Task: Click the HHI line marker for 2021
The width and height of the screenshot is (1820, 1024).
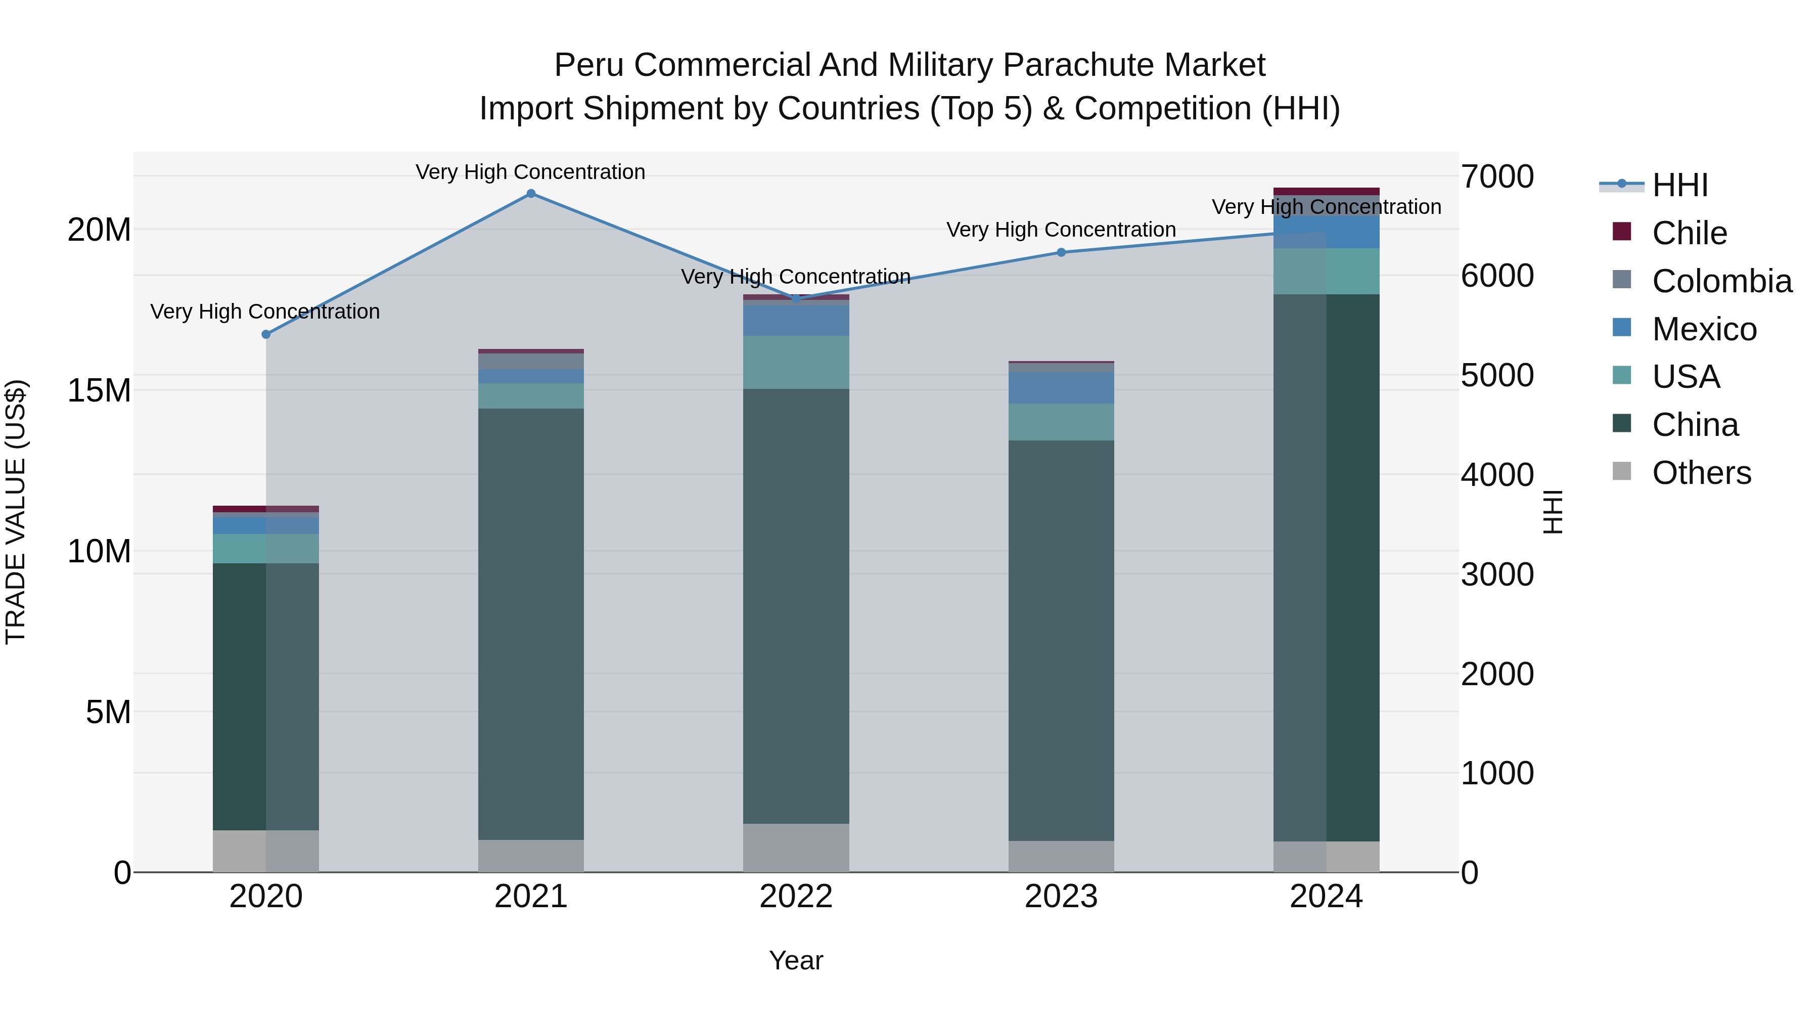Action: click(x=531, y=194)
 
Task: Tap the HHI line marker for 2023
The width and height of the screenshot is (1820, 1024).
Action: click(x=1061, y=252)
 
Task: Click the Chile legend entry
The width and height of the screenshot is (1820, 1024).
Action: click(x=1689, y=233)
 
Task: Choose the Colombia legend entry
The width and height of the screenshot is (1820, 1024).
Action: click(x=1721, y=281)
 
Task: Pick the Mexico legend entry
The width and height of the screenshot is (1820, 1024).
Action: click(x=1703, y=329)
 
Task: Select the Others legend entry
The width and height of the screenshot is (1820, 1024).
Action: click(x=1701, y=473)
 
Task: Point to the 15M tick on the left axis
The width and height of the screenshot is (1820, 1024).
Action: click(x=99, y=390)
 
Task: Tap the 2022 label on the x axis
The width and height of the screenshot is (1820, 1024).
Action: click(x=796, y=897)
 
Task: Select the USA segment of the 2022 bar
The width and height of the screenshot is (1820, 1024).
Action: click(x=796, y=362)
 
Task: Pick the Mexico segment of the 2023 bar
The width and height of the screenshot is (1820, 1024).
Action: click(x=1061, y=388)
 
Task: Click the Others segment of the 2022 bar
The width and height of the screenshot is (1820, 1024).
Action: click(x=796, y=848)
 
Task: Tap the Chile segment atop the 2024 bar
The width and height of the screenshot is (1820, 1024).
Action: click(x=1326, y=192)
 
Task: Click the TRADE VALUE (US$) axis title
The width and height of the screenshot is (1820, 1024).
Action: click(x=16, y=512)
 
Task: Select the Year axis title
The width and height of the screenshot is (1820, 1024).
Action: click(x=796, y=960)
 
